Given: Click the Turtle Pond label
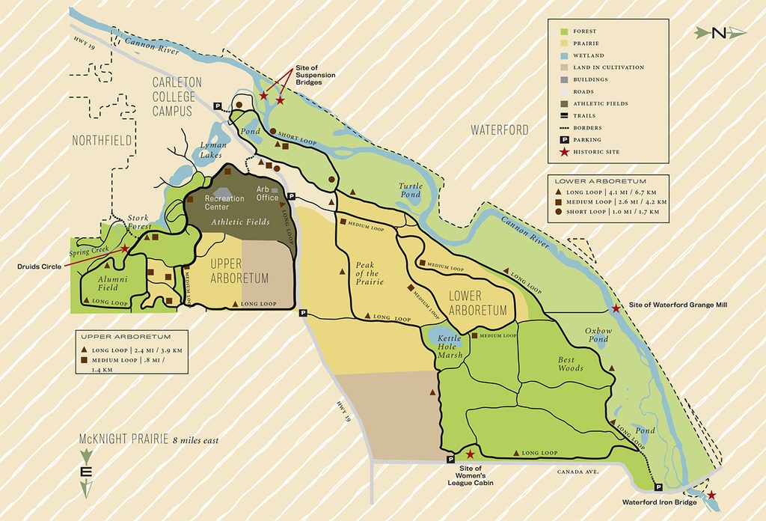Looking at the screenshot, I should coord(410,191).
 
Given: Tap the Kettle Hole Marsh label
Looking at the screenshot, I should coord(451,345).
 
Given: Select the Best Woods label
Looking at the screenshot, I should coord(571,364).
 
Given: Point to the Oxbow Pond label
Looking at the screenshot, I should coord(598,335).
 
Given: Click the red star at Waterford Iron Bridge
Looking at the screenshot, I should coord(711,495).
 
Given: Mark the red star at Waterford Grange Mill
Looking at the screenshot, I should coord(615,308).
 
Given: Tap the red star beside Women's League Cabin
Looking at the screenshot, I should coord(470,454).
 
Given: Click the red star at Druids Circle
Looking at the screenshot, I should coord(125,249).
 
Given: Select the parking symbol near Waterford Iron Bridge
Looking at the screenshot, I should coord(658,487).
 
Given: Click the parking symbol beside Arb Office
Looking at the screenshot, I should coord(292,195).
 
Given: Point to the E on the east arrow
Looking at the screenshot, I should coord(86,472).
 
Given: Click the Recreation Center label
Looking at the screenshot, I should coord(224,202).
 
